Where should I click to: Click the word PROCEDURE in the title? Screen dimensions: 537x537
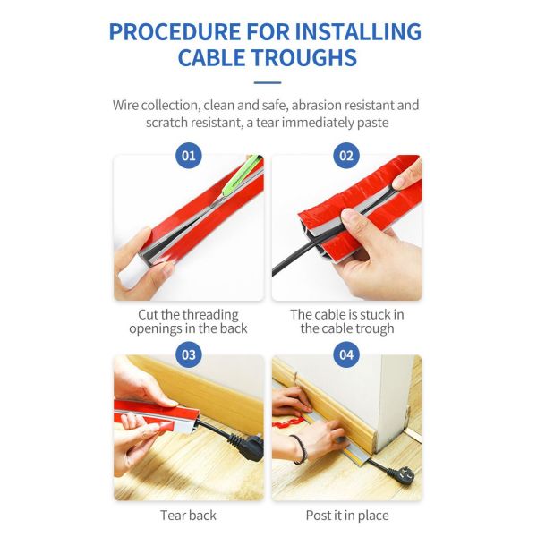pyautogui.click(x=175, y=32)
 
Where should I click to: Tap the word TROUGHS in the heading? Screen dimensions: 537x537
pyautogui.click(x=305, y=57)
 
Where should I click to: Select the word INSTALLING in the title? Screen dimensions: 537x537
pyautogui.click(x=358, y=32)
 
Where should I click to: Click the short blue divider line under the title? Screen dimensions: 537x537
pyautogui.click(x=268, y=82)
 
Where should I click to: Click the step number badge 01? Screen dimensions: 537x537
pyautogui.click(x=188, y=156)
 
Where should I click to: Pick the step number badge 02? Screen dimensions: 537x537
pyautogui.click(x=346, y=156)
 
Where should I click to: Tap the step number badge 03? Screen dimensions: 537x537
pyautogui.click(x=188, y=354)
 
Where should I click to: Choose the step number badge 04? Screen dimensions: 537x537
pyautogui.click(x=346, y=354)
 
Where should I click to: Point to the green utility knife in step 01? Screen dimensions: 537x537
pyautogui.click(x=242, y=175)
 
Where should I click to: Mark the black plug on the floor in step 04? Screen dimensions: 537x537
pyautogui.click(x=401, y=473)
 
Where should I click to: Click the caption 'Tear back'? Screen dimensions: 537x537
pyautogui.click(x=188, y=516)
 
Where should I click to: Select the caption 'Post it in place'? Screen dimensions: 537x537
pyautogui.click(x=347, y=516)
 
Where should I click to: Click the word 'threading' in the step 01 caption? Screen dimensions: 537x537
pyautogui.click(x=210, y=315)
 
